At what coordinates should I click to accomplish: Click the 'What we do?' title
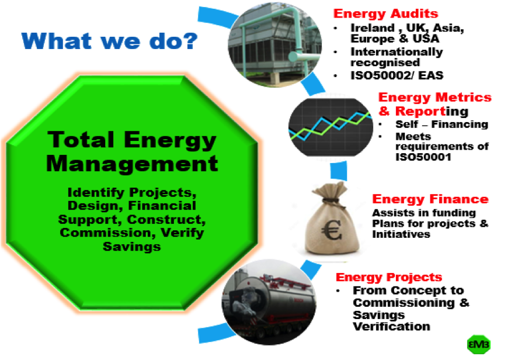(x=110, y=41)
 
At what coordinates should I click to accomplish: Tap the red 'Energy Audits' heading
(x=385, y=13)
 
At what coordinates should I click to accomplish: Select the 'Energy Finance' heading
(x=430, y=199)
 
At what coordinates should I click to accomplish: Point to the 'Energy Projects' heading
(x=389, y=277)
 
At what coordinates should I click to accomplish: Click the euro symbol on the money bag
(x=332, y=230)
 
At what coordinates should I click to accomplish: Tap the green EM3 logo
(x=478, y=344)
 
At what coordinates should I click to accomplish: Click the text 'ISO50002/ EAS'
(x=397, y=75)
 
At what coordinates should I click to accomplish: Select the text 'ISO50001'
(x=423, y=157)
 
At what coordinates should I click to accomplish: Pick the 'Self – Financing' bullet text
(x=442, y=124)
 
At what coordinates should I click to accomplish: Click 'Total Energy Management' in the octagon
(x=132, y=151)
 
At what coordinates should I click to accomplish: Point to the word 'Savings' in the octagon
(x=131, y=247)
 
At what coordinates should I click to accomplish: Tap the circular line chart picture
(x=331, y=127)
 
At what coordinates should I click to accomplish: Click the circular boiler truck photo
(x=269, y=302)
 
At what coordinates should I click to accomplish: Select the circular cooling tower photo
(x=274, y=45)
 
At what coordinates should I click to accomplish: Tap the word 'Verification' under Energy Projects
(x=391, y=327)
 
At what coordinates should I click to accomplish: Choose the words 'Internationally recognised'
(x=397, y=57)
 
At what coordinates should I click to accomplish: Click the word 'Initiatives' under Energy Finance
(x=401, y=234)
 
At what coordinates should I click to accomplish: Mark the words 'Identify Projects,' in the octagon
(x=132, y=192)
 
